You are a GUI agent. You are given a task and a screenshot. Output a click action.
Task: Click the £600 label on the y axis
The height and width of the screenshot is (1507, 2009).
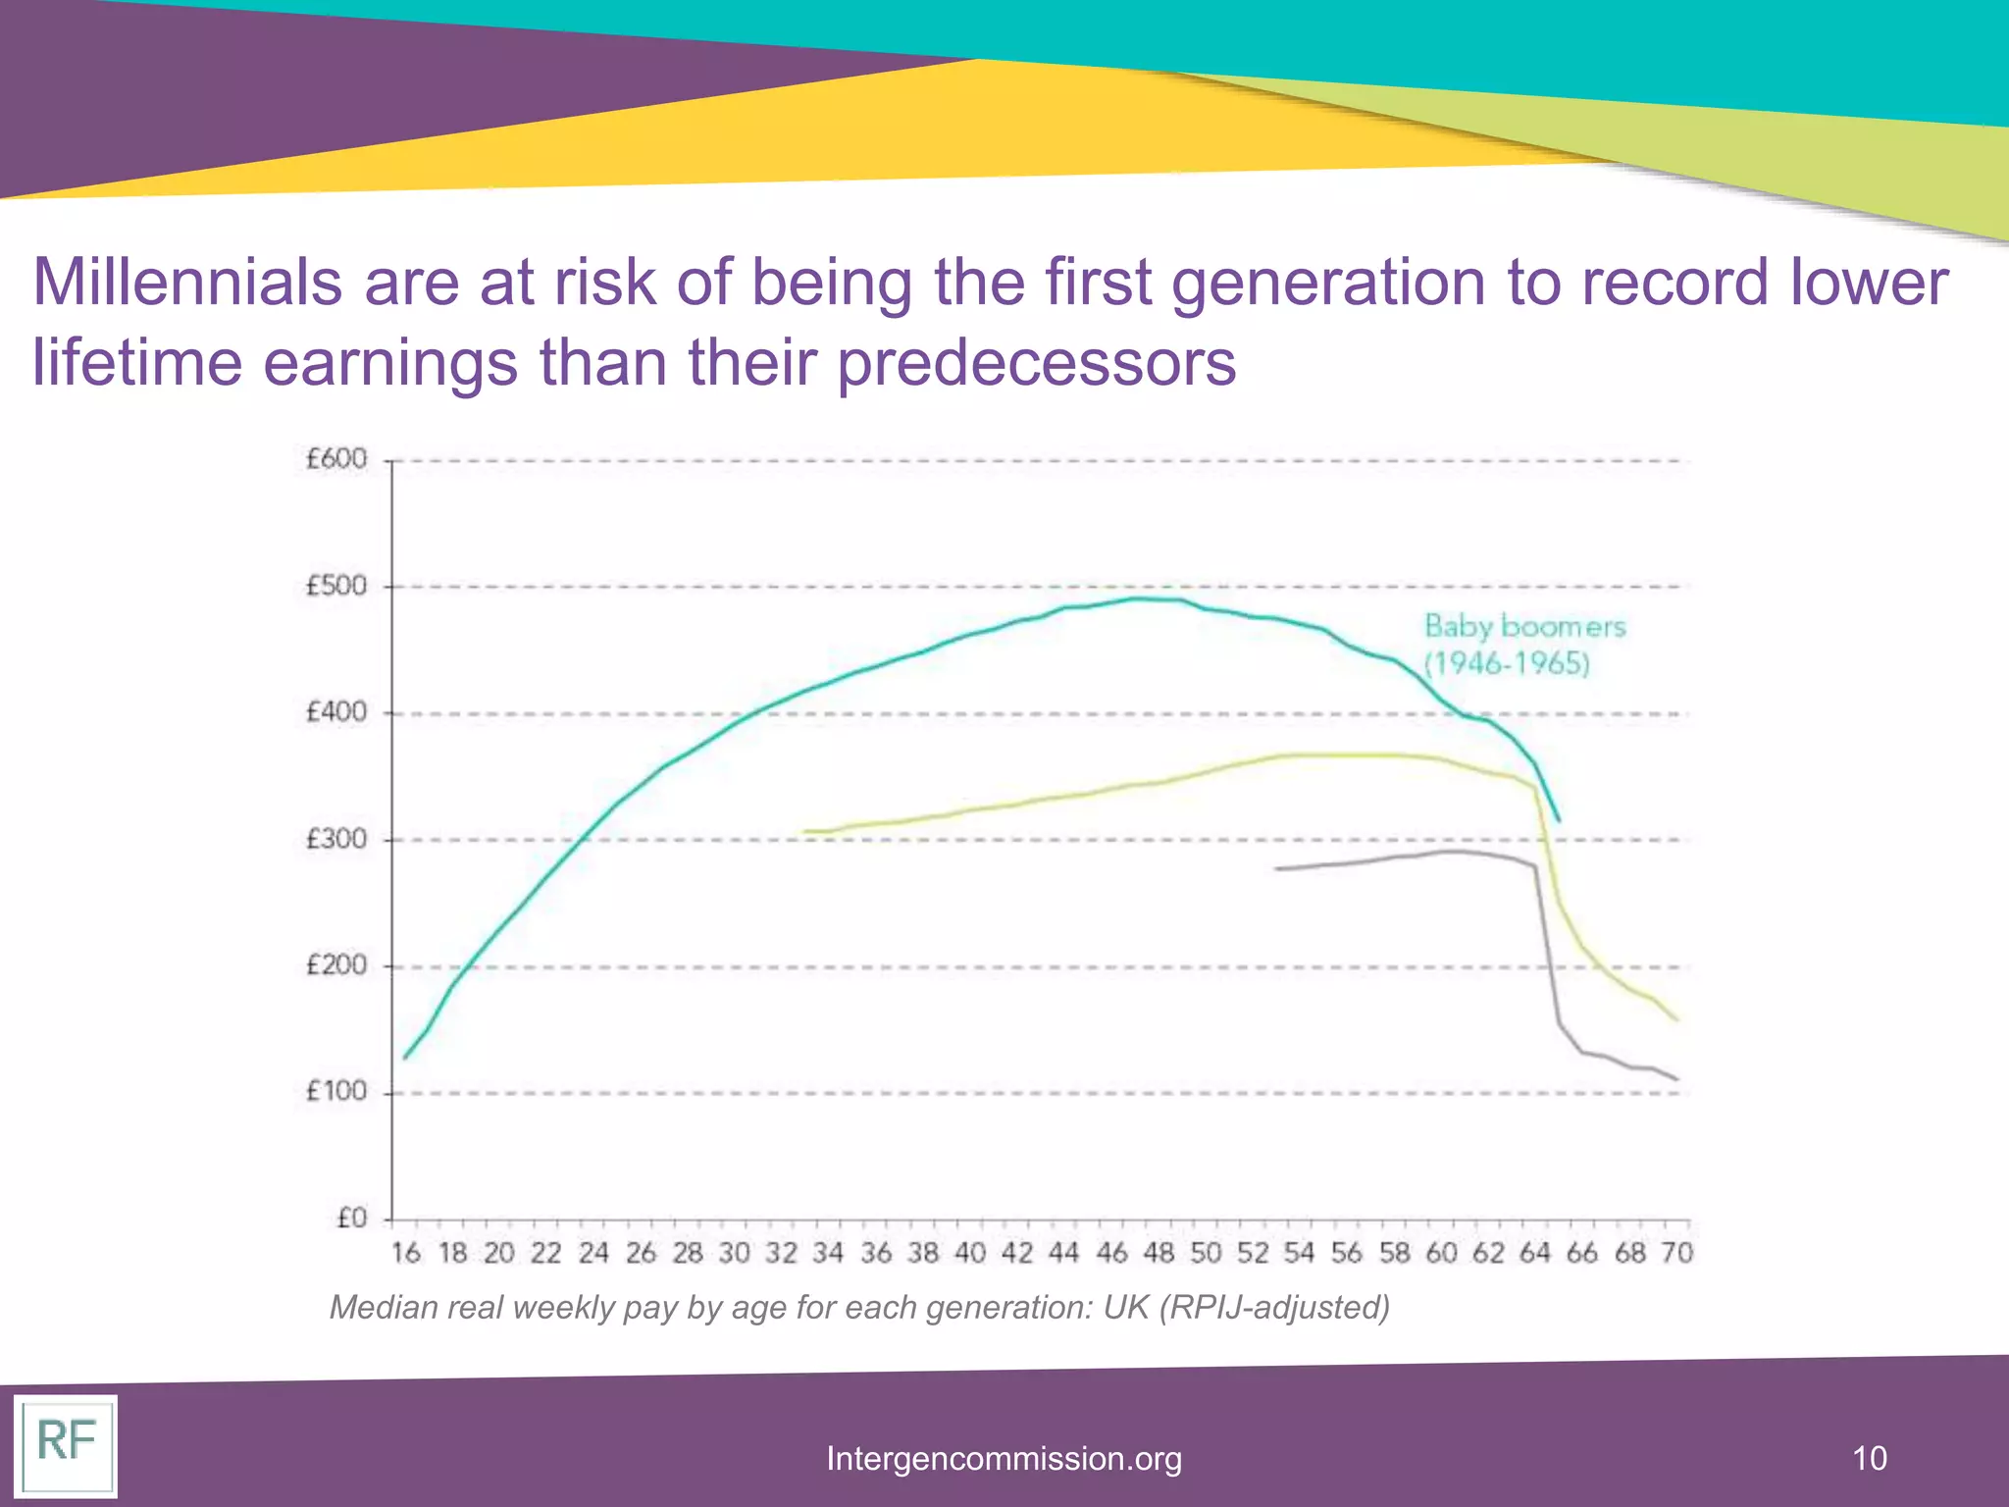(336, 459)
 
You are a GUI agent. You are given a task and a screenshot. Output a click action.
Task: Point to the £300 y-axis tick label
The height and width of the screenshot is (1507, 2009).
(336, 839)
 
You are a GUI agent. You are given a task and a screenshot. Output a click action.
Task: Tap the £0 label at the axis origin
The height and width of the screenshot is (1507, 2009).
(351, 1219)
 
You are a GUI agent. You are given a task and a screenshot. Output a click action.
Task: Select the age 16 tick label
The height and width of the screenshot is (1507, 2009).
(405, 1253)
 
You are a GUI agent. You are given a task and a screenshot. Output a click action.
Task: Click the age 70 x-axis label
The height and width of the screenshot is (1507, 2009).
(1676, 1253)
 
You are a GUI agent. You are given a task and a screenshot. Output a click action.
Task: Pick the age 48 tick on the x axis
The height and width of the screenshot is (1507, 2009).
(1159, 1253)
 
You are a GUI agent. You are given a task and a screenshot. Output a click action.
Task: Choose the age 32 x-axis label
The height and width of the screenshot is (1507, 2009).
(782, 1253)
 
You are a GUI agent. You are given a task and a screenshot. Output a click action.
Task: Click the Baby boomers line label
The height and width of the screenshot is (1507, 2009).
(1524, 626)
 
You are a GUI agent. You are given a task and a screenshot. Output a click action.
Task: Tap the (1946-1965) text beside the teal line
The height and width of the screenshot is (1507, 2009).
(1507, 664)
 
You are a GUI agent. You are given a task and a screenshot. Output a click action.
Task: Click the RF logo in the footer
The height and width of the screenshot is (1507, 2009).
(66, 1442)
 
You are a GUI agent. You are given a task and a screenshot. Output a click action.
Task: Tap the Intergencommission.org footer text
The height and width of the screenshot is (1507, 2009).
(1004, 1458)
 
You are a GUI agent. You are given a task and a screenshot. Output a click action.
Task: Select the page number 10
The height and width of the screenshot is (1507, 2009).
(1869, 1458)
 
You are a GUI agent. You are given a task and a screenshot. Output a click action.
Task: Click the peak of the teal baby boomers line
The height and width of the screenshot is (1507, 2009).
(1138, 598)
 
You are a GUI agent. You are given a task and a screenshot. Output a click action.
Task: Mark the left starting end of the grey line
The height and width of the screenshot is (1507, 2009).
(1277, 868)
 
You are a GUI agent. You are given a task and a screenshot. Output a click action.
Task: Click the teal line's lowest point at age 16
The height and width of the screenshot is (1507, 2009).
(405, 1058)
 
